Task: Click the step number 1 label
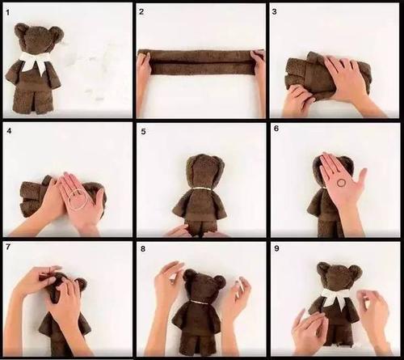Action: tap(7, 13)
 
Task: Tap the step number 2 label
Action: tap(141, 12)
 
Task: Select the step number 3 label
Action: tap(275, 12)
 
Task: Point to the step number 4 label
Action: tap(9, 131)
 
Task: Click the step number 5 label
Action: tap(143, 132)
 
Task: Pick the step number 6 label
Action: tap(276, 129)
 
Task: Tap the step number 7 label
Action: tap(8, 247)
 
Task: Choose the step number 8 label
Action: tap(143, 248)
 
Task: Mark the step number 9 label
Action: tap(276, 248)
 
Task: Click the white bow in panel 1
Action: tap(35, 61)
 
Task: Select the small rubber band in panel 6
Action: tap(341, 183)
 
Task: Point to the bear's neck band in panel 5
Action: tap(202, 188)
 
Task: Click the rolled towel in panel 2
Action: tap(200, 62)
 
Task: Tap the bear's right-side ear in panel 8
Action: tap(220, 282)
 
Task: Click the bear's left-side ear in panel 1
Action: tap(21, 29)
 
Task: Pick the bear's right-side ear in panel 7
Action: tap(81, 285)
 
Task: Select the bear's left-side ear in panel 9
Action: tap(322, 268)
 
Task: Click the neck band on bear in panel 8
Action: tap(200, 303)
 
